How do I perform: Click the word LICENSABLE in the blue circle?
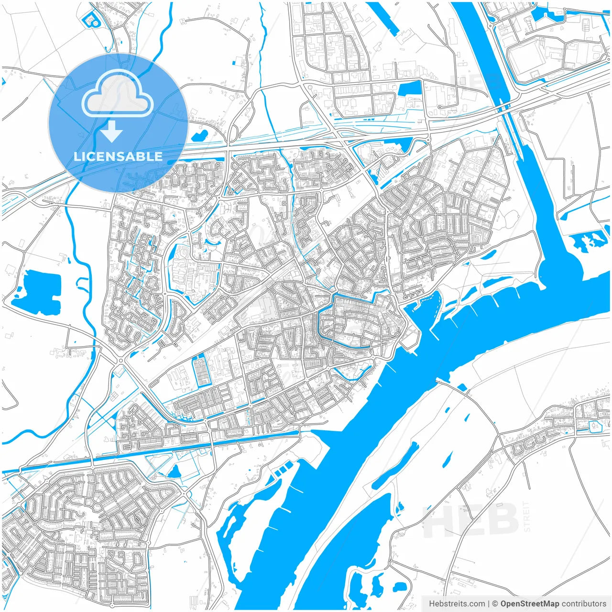(x=118, y=156)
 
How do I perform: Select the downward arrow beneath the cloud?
(x=111, y=131)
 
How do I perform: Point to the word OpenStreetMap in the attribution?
(x=529, y=604)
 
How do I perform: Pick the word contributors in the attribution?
(x=584, y=604)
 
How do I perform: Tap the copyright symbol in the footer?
(x=495, y=604)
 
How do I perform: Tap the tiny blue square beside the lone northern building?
(x=233, y=62)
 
